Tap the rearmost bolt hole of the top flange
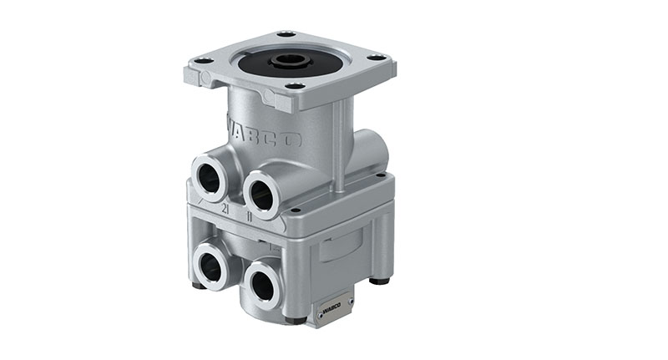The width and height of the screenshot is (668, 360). [286, 34]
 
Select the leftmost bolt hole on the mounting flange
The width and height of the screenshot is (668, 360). [202, 61]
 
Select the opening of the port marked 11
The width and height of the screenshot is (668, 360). [261, 193]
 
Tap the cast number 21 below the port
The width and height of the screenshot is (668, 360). [225, 210]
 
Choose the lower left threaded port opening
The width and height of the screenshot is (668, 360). [210, 267]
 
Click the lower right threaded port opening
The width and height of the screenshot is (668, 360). [261, 286]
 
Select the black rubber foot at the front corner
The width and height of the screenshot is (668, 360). [292, 321]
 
